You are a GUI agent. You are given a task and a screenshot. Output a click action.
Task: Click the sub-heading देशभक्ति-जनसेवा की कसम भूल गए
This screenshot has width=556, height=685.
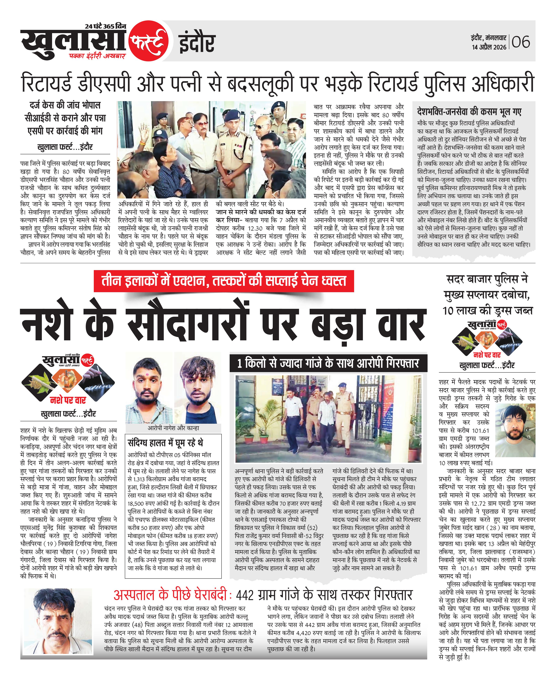click(469, 112)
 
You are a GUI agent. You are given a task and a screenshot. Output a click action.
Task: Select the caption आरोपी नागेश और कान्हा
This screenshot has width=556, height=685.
click(173, 428)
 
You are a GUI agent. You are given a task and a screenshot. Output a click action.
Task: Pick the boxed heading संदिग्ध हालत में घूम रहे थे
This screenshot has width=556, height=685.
click(165, 443)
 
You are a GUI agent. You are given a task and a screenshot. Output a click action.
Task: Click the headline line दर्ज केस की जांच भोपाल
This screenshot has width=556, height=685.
click(65, 105)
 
